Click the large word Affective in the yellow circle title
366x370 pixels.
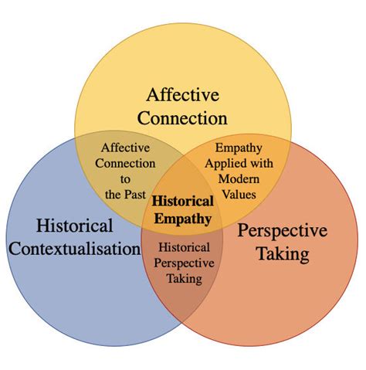click(x=183, y=94)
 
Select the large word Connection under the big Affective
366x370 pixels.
click(x=182, y=118)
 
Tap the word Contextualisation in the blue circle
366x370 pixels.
click(x=75, y=249)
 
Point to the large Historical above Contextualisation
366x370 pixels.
click(x=75, y=226)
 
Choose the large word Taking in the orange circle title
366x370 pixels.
click(x=283, y=253)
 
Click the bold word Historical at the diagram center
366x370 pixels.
click(x=183, y=201)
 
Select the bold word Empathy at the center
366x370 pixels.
click(x=183, y=219)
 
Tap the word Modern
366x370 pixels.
click(x=239, y=179)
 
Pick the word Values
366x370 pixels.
click(x=239, y=195)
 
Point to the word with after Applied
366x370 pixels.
click(x=262, y=163)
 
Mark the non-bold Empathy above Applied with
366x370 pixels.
click(x=239, y=148)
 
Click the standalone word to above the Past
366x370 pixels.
click(x=125, y=179)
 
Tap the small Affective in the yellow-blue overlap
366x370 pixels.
click(x=125, y=148)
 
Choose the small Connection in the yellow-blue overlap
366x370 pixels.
click(x=125, y=163)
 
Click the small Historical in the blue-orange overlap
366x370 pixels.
click(x=184, y=247)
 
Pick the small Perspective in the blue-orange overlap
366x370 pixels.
click(x=184, y=263)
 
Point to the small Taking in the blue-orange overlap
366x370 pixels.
click(x=185, y=279)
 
